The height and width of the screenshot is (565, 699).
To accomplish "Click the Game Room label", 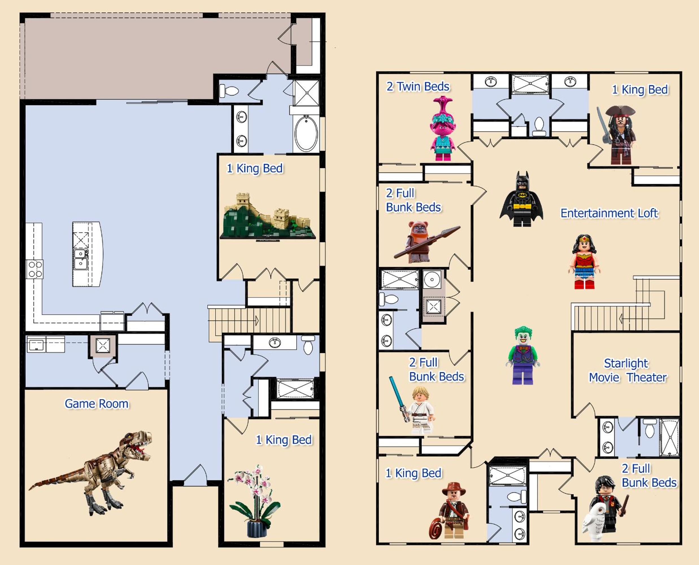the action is coord(97,404).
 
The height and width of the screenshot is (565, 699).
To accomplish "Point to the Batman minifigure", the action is coord(522,199).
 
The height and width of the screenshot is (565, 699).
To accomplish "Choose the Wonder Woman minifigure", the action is coord(584,262).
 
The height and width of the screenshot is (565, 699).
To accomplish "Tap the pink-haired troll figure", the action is coord(443,128).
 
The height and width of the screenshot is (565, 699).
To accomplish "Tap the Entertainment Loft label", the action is coord(609,213).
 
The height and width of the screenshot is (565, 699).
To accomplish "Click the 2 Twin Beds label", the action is coord(418,87).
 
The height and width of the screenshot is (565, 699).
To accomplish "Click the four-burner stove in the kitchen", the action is coord(34,269).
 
